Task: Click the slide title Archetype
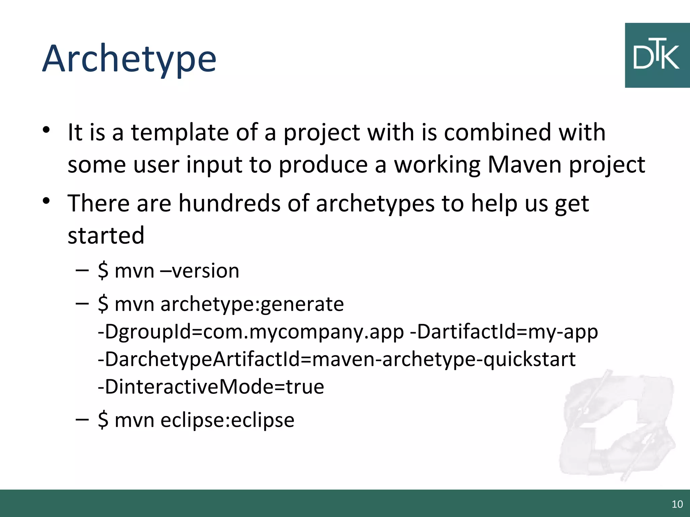(129, 59)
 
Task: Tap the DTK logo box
(657, 56)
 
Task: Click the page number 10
(677, 504)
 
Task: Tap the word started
(106, 235)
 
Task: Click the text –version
(200, 271)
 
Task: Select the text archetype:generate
(252, 304)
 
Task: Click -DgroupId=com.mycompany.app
(251, 332)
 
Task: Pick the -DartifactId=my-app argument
(504, 332)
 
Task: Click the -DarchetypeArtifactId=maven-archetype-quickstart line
(336, 359)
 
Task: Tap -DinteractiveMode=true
(211, 387)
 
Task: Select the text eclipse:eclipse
(227, 420)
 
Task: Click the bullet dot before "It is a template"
(46, 130)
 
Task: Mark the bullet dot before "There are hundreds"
(46, 201)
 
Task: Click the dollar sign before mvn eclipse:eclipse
(103, 420)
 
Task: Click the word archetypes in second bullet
(375, 203)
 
